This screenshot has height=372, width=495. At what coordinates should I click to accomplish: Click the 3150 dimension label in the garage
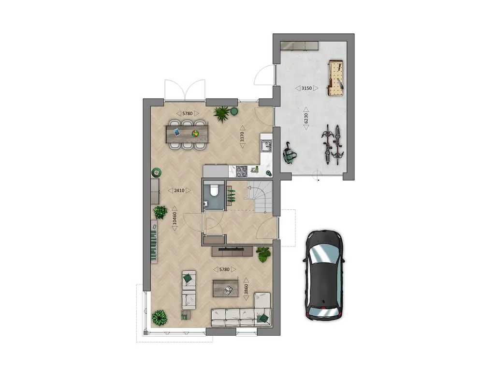pyautogui.click(x=306, y=88)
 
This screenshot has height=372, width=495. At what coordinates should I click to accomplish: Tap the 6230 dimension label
pyautogui.click(x=306, y=118)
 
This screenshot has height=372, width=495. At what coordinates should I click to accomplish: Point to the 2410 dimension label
pyautogui.click(x=179, y=190)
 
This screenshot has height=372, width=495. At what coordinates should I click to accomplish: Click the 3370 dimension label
pyautogui.click(x=243, y=137)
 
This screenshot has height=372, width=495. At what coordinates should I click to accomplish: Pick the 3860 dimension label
pyautogui.click(x=246, y=289)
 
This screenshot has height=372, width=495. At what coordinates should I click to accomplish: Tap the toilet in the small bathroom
pyautogui.click(x=214, y=190)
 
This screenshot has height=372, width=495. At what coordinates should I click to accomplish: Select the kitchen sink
pyautogui.click(x=266, y=146)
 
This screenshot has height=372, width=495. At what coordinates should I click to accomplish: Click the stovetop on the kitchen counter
pyautogui.click(x=242, y=171)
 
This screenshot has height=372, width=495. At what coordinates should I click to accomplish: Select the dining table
pyautogui.click(x=187, y=134)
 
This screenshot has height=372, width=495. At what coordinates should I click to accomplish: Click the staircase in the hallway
pyautogui.click(x=260, y=196)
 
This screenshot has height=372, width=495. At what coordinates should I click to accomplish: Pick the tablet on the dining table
pyautogui.click(x=176, y=132)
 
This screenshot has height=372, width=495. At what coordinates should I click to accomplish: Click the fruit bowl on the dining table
pyautogui.click(x=195, y=134)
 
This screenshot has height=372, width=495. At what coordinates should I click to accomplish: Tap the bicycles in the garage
pyautogui.click(x=333, y=144)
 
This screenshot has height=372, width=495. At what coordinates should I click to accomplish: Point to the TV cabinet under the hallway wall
pyautogui.click(x=232, y=251)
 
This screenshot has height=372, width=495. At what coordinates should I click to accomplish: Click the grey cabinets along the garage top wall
pyautogui.click(x=299, y=46)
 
